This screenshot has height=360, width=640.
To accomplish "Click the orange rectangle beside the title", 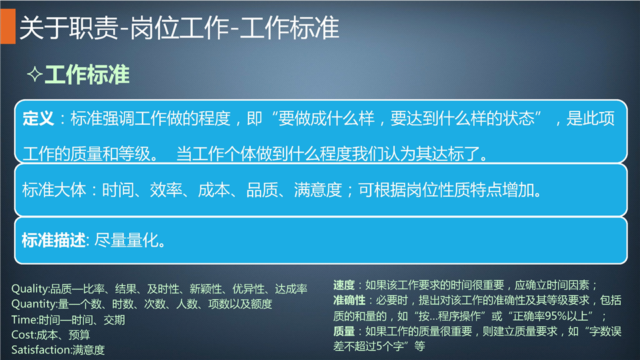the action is click(8, 26).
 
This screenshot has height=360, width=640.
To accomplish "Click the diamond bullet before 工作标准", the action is click(35, 74).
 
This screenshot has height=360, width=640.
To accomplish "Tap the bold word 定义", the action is click(39, 119).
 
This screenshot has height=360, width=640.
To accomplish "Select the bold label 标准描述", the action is click(54, 240).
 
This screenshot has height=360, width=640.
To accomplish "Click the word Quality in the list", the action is click(29, 289).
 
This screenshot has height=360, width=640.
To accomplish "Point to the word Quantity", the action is click(33, 304).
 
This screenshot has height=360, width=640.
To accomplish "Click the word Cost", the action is click(23, 335).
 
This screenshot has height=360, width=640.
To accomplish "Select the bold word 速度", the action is click(344, 285).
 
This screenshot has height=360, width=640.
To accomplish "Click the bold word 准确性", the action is click(349, 301).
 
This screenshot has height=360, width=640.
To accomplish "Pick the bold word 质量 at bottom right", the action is click(344, 331).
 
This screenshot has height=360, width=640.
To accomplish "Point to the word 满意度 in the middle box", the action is click(318, 190).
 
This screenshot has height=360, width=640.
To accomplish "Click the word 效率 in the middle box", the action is click(166, 190).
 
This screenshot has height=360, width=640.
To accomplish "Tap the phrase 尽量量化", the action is click(126, 240).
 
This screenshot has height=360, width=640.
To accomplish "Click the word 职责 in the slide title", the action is click(94, 28).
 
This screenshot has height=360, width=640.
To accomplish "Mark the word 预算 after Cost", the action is click(79, 335).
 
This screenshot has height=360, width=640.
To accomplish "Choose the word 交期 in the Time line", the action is click(114, 319).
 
